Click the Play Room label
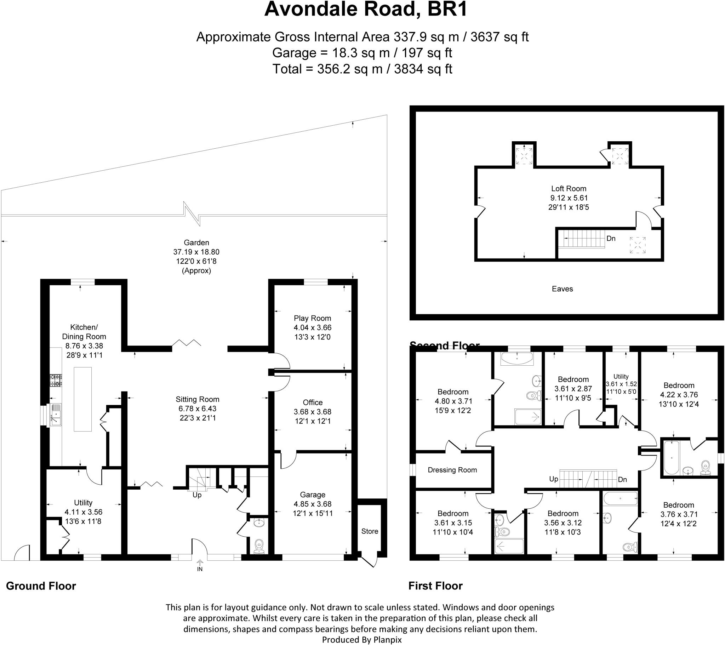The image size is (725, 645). pos(312,318)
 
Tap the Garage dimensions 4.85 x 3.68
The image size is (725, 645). pos(313,504)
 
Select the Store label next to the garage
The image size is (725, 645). pos(370,531)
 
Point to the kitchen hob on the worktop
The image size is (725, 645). pos(56,380)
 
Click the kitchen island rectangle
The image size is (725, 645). pos(82,399)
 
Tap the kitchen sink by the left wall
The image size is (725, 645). pos(56,415)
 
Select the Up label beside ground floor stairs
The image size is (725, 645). pos(197,495)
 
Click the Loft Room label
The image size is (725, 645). pos(569,189)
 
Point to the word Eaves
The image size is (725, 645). pos(562,289)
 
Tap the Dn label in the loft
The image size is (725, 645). pos(611,238)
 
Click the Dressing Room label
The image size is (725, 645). pos(452,470)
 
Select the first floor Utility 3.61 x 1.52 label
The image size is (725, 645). pos(621,384)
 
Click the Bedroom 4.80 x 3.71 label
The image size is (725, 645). pos(453,392)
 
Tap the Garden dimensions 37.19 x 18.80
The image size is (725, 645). pos(196,252)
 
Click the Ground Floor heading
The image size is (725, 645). pos(41,586)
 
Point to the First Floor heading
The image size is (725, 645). pos(435,586)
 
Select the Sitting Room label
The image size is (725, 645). pos(197,399)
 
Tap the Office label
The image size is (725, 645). pos(313,402)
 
